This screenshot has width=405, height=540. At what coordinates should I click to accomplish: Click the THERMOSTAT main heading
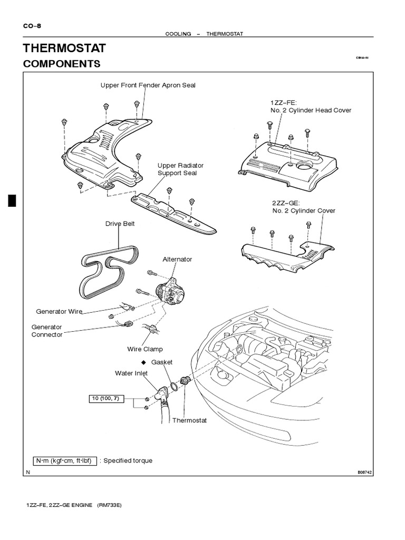coord(64,49)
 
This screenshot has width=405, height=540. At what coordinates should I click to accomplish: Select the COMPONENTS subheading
coord(62,64)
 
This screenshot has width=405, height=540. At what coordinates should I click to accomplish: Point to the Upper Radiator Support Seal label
coord(180,169)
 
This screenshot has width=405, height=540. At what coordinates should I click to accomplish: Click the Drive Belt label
coord(120,224)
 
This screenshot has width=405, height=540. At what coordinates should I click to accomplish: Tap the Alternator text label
coord(178,259)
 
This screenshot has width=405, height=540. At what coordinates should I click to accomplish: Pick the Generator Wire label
coord(59,312)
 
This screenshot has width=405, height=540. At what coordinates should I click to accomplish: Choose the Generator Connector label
coord(47,331)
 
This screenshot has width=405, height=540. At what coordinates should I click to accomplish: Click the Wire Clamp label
coord(145,349)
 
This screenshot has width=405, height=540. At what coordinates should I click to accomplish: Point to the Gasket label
coord(162,363)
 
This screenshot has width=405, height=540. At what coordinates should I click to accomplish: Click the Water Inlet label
coord(131,373)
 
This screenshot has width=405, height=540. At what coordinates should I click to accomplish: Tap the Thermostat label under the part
coord(192,420)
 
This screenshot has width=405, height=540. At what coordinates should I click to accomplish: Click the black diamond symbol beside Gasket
coord(142,363)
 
